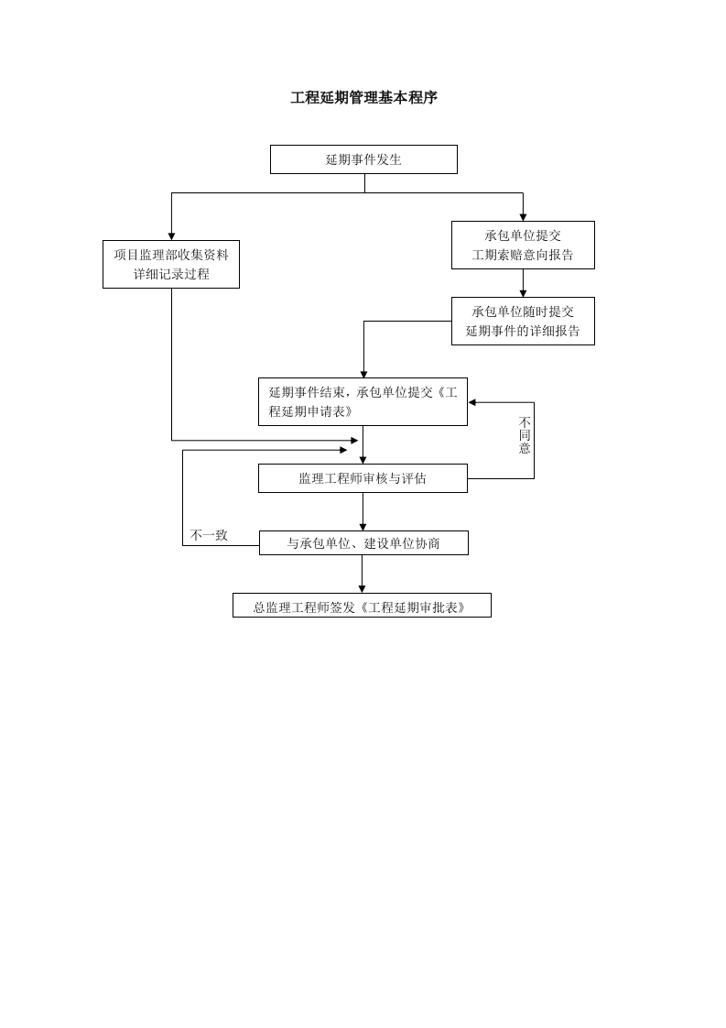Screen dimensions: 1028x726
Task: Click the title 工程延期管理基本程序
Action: (363, 98)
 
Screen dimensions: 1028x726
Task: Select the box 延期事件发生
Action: (363, 159)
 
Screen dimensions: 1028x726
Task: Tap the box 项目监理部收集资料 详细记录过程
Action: (171, 264)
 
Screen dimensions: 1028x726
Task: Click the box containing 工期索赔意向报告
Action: (523, 245)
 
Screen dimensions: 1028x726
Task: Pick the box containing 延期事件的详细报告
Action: (523, 321)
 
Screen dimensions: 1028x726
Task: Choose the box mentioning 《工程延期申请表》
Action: (363, 401)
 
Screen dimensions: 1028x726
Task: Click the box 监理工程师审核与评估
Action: (363, 478)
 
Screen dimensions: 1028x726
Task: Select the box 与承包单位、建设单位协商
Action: (363, 543)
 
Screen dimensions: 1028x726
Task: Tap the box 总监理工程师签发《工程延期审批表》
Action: (362, 606)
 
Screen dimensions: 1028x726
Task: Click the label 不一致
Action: (209, 535)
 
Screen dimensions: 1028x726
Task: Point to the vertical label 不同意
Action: (525, 435)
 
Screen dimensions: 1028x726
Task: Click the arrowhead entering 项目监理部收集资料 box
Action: (171, 236)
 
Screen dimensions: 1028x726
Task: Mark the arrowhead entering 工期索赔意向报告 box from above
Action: (523, 217)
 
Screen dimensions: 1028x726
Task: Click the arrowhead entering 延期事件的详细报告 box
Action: (523, 293)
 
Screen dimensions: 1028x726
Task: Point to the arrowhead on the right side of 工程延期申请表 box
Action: (472, 402)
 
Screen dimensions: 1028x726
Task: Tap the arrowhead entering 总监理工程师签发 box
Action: (362, 589)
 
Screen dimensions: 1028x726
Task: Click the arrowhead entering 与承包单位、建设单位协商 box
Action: (363, 527)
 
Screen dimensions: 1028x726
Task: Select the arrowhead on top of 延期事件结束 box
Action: (363, 374)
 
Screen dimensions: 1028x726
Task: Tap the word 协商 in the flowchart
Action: (428, 543)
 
